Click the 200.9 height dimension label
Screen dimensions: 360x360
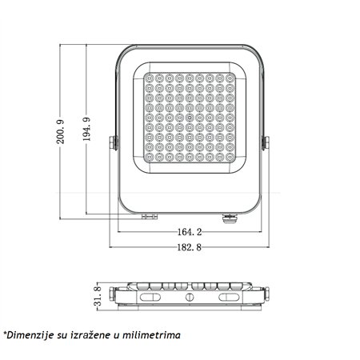click(60, 132)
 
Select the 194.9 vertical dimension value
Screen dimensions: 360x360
click(86, 129)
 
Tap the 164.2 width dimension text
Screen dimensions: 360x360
click(190, 232)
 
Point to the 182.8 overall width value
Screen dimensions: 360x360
click(190, 247)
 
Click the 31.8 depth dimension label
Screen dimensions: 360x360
click(98, 296)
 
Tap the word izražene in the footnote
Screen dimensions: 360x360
click(90, 335)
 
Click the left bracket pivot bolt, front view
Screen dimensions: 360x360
click(114, 143)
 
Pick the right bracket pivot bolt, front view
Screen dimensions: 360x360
click(266, 143)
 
